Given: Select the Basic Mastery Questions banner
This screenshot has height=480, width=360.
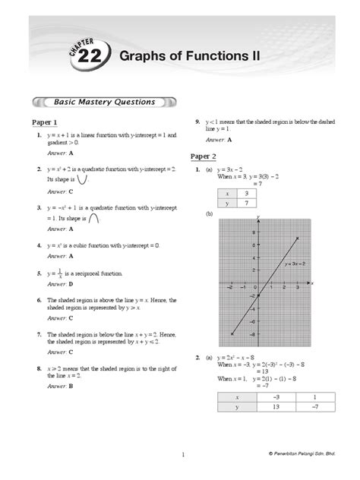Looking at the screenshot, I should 105,101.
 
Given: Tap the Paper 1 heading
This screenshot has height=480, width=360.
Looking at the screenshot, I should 45,122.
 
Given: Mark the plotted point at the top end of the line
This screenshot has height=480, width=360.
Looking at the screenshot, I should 297,238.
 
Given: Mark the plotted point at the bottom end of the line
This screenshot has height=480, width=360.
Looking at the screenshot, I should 232,334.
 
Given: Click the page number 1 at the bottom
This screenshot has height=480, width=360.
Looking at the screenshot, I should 183,454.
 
